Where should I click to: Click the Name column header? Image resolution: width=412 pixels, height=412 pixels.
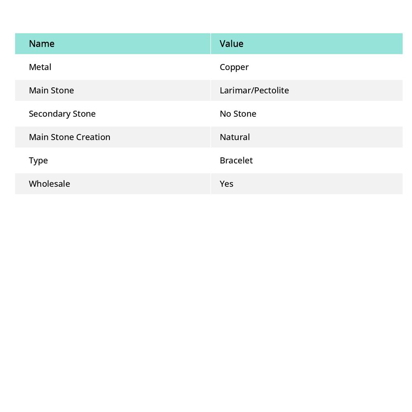(41, 43)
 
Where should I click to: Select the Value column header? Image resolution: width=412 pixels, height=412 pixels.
(231, 43)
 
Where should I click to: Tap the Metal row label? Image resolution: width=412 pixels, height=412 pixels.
(40, 67)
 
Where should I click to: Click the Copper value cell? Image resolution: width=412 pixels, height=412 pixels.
(234, 67)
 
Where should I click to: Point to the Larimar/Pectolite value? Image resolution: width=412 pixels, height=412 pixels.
(254, 90)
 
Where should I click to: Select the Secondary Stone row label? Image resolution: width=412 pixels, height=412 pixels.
(62, 113)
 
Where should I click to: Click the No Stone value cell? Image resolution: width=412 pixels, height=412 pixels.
(238, 113)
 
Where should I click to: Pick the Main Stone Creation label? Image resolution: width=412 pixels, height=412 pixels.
(69, 137)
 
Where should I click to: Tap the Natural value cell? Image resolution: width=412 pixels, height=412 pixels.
(235, 137)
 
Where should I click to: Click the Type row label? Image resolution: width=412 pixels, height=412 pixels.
(38, 161)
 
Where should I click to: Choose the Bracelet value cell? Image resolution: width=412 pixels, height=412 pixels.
(236, 160)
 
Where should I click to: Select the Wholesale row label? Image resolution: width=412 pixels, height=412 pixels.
(49, 183)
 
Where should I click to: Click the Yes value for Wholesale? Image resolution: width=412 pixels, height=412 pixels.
(227, 183)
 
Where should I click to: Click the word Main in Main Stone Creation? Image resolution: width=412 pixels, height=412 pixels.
(39, 137)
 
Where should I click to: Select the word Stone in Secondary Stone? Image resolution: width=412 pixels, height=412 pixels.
(84, 113)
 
